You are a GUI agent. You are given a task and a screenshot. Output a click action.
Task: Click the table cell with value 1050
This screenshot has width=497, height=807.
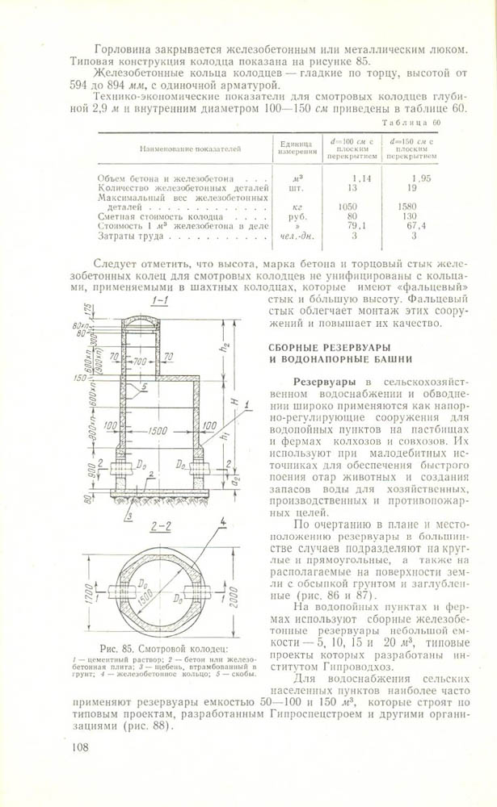click(348, 207)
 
